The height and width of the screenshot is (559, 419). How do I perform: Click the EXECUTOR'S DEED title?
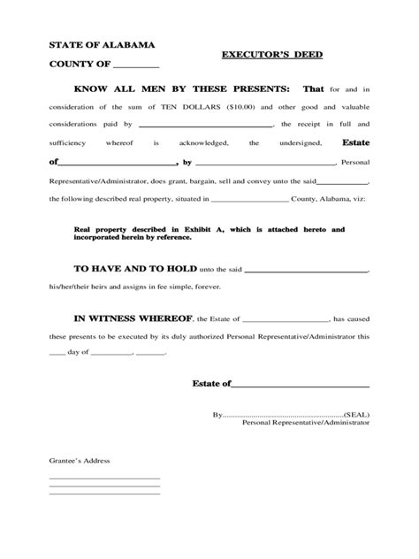270,55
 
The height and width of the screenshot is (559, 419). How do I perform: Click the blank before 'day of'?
57,354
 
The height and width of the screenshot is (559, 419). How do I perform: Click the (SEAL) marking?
357,414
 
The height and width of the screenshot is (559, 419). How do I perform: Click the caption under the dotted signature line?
306,424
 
